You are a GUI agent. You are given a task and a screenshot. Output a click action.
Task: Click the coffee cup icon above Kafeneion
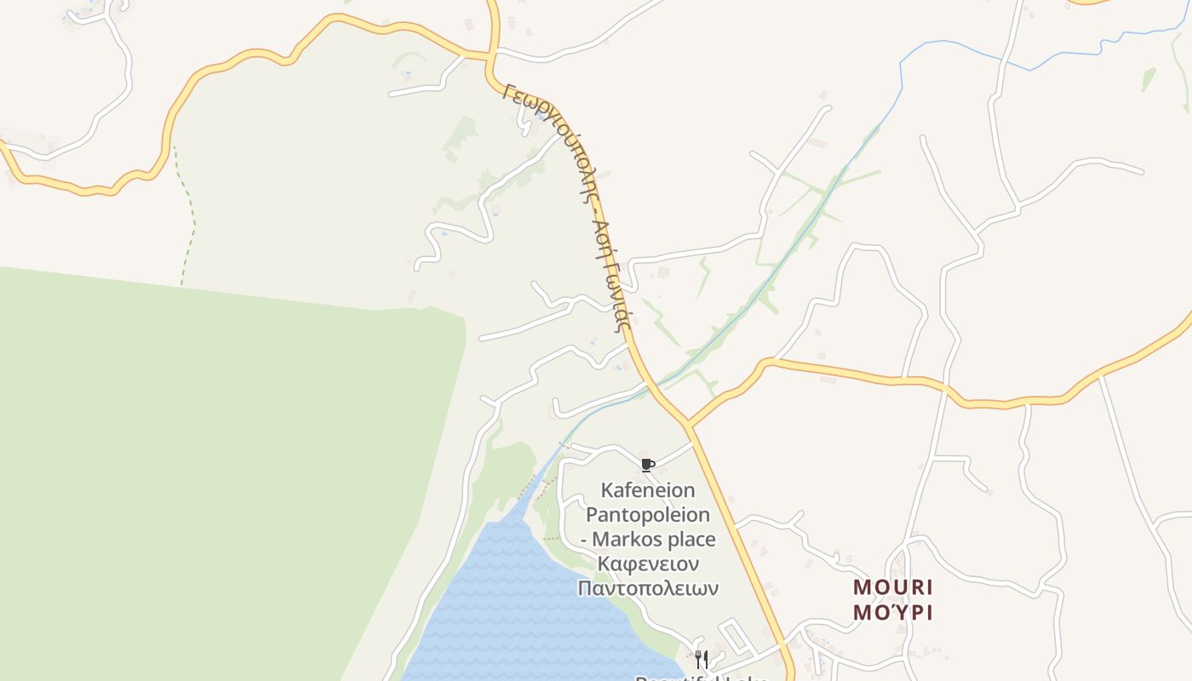pos(647,465)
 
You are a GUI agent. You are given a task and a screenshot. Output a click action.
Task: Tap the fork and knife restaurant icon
pos(702,659)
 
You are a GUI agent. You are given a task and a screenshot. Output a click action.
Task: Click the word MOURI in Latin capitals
pos(893,587)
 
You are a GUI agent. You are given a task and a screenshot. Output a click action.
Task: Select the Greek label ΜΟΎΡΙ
pos(893,612)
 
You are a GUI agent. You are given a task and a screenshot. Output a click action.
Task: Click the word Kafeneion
pos(648,490)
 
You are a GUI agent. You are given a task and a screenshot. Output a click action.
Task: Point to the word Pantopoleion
pos(648,515)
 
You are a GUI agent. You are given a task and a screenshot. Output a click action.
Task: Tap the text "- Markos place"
pos(648,540)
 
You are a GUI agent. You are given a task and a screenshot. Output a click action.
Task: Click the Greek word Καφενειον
pos(648,564)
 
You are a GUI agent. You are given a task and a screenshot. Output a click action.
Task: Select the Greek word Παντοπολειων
pos(648,588)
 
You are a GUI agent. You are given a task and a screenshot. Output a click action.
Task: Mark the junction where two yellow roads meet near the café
pos(688,423)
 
